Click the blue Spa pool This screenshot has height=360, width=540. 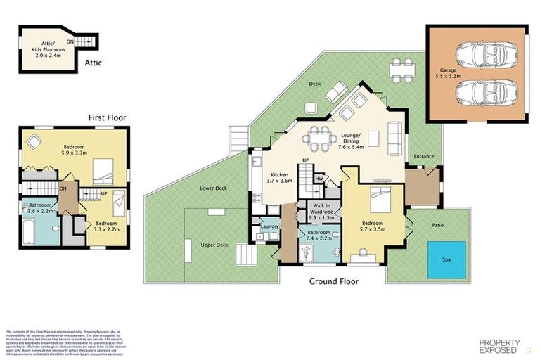[446, 259]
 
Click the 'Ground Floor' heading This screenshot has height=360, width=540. [334, 281]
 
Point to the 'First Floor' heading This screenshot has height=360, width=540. [107, 117]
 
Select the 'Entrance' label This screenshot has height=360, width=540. [424, 156]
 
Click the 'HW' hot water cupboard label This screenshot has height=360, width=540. [319, 179]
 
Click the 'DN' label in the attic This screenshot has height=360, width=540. [70, 41]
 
